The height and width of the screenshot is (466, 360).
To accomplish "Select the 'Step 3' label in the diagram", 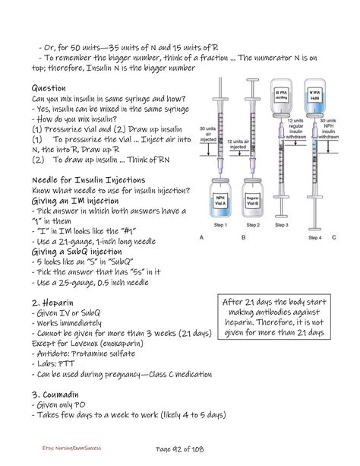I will click(x=283, y=226).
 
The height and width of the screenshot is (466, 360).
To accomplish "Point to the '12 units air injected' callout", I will click(x=242, y=144).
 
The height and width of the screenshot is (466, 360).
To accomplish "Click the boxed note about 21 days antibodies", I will click(x=274, y=318).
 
